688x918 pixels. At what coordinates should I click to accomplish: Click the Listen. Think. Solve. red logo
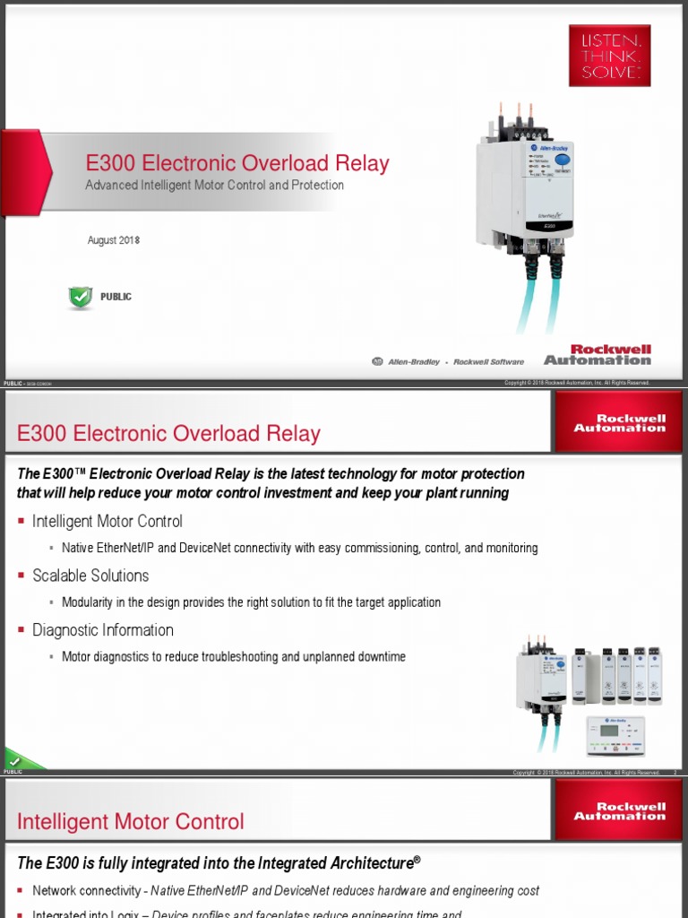pyautogui.click(x=609, y=56)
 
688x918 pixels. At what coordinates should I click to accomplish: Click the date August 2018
pyautogui.click(x=114, y=240)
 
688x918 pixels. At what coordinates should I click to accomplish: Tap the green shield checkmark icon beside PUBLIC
pyautogui.click(x=81, y=298)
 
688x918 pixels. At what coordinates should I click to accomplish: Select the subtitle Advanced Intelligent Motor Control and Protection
pyautogui.click(x=214, y=186)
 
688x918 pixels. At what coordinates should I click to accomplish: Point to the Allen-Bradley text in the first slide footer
pyautogui.click(x=413, y=362)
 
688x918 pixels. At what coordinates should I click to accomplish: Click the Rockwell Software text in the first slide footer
pyautogui.click(x=489, y=362)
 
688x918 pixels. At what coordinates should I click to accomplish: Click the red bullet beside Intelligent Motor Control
pyautogui.click(x=21, y=522)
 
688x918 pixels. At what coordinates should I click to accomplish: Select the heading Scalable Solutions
pyautogui.click(x=90, y=576)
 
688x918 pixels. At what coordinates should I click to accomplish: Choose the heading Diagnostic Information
pyautogui.click(x=103, y=630)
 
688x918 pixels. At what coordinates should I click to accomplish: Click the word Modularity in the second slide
pyautogui.click(x=88, y=602)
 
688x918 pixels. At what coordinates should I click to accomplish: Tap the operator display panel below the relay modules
pyautogui.click(x=615, y=735)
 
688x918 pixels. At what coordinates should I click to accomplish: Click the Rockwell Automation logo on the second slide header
pyautogui.click(x=620, y=423)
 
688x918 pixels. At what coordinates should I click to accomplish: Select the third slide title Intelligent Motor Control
pyautogui.click(x=131, y=821)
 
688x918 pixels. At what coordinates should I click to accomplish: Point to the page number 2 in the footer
pyautogui.click(x=675, y=773)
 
